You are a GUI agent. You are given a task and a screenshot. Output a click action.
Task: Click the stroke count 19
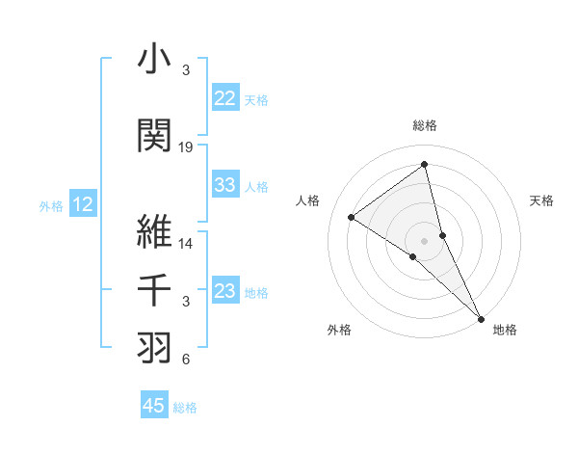(x=186, y=147)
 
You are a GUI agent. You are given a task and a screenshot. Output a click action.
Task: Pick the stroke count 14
(x=186, y=244)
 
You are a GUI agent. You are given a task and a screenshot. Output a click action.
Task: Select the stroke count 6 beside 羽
(x=186, y=360)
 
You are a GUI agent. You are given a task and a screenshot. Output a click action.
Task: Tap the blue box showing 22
(x=224, y=98)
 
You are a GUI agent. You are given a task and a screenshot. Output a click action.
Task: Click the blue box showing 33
(x=224, y=185)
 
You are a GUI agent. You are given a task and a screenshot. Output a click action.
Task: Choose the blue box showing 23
(x=224, y=291)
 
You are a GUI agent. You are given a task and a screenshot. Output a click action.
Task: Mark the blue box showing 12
(x=83, y=204)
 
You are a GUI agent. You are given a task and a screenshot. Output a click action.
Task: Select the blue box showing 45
(x=154, y=406)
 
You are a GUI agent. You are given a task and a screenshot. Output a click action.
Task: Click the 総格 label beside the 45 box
(x=185, y=408)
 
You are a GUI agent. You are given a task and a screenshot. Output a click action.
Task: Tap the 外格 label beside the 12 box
(x=51, y=205)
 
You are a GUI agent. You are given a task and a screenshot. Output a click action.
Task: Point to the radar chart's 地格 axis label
(x=505, y=330)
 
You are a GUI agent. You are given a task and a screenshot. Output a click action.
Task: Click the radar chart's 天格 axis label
(x=541, y=200)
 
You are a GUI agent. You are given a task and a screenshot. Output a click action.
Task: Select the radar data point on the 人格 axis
(x=351, y=217)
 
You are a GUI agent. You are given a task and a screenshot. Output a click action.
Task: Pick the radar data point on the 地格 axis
(x=481, y=317)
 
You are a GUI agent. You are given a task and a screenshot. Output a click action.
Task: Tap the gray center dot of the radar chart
(x=424, y=239)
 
